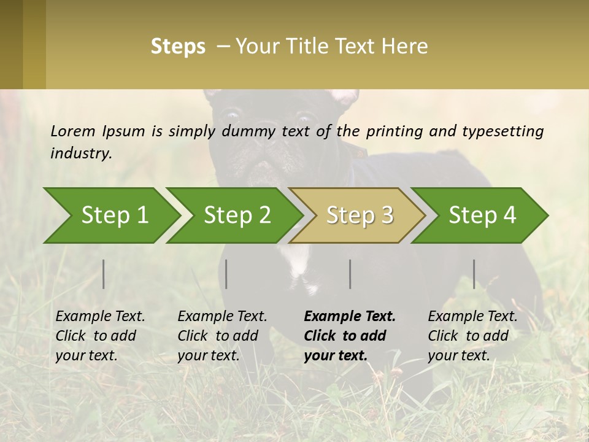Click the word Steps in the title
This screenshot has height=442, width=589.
coord(178,47)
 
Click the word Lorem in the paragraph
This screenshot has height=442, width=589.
coord(73,131)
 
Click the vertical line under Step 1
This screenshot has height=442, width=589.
coord(104,274)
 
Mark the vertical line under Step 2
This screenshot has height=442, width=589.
coord(226,274)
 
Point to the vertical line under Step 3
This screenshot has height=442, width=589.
coord(350,274)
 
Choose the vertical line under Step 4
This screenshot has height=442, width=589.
coord(474,274)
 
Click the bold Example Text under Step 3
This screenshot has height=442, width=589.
coord(350,317)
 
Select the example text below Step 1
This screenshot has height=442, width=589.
coord(99,336)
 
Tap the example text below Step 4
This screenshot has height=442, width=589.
coord(472,336)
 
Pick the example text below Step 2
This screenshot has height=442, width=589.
coord(221,336)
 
